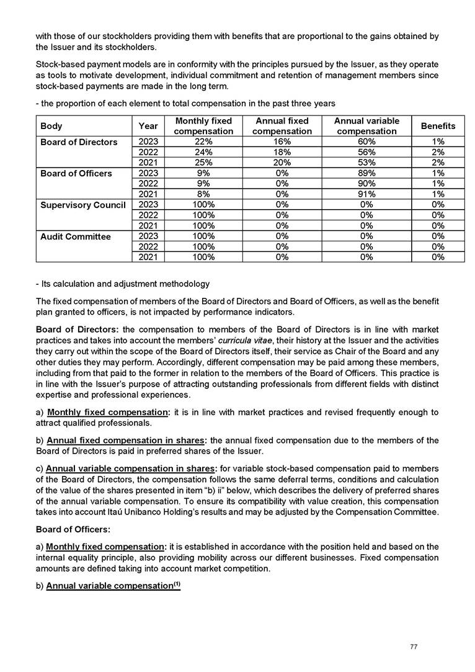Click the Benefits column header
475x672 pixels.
tap(438, 126)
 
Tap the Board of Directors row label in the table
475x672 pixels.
tap(79, 142)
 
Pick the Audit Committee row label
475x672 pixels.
tap(76, 236)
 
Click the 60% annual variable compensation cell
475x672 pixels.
tap(366, 142)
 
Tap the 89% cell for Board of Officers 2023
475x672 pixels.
tap(366, 174)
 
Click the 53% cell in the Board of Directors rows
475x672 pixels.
tap(366, 163)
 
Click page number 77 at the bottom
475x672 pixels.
tap(414, 647)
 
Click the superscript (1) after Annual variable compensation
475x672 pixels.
tap(176, 584)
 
